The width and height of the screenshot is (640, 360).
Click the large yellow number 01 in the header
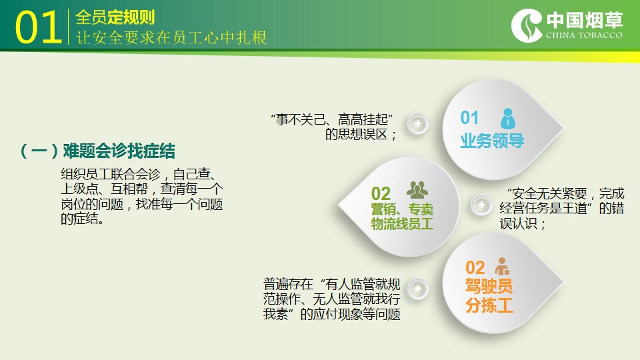39,27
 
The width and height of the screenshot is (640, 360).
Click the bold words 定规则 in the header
131,17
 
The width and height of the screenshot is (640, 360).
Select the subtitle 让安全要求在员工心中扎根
171,37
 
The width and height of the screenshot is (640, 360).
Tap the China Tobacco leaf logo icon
527,25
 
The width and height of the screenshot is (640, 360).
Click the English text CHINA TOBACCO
584,35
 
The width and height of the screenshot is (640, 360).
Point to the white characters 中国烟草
585,19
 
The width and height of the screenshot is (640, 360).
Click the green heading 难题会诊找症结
119,151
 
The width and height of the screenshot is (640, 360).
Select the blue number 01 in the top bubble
469,117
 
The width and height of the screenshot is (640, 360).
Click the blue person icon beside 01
507,119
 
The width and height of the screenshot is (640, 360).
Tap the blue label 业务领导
492,141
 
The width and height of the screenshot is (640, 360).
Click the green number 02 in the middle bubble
381,193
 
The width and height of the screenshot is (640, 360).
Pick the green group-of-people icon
417,190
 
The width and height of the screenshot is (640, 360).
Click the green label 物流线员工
402,224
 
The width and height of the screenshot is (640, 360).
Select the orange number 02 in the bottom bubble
475,268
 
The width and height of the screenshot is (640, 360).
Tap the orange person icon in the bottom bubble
501,266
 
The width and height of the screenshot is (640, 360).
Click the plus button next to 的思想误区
417,124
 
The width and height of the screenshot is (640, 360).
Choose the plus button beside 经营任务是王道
481,205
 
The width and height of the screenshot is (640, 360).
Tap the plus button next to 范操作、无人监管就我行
417,289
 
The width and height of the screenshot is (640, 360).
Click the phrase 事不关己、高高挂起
331,119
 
